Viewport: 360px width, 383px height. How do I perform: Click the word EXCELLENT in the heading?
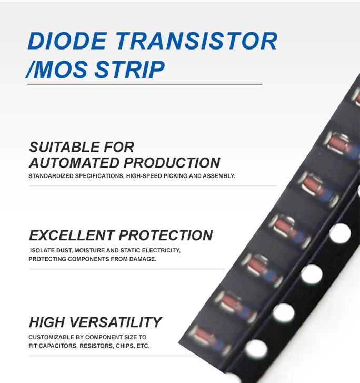pos(71,235)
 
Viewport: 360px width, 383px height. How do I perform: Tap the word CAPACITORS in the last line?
pos(57,346)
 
